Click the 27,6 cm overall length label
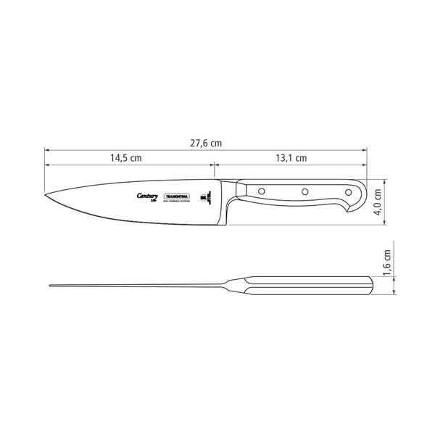point(205,143)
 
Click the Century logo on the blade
point(147,196)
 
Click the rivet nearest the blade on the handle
point(262,191)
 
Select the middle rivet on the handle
point(305,191)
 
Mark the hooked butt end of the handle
point(351,211)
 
